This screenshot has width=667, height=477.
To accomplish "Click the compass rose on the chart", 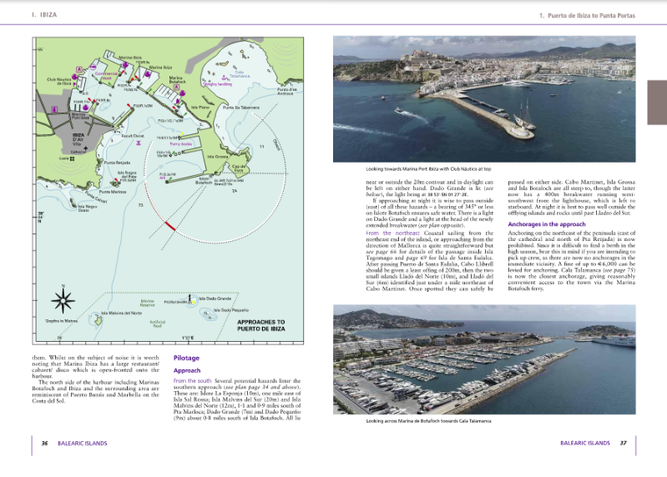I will tap(64, 299).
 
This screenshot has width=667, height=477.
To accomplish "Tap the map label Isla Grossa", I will tap(215, 157).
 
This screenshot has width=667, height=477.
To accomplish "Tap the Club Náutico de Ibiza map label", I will tap(58, 82).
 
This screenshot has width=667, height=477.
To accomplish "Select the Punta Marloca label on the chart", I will tap(112, 192).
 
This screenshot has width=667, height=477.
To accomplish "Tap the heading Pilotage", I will tap(185, 358).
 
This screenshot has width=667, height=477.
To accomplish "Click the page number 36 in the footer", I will tap(45, 443).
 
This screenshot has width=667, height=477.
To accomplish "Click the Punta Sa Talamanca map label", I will tap(240, 108).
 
